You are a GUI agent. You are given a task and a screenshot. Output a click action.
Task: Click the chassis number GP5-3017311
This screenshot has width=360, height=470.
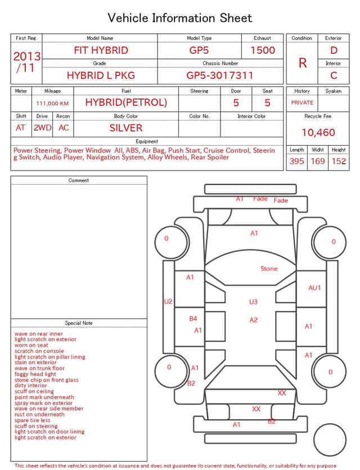[220, 75]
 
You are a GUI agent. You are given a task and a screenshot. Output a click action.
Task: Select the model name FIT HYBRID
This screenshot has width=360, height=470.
[101, 50]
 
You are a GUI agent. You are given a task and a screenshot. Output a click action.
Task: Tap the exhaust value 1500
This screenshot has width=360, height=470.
[263, 50]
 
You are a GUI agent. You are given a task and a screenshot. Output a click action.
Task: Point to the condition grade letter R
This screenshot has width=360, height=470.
[303, 63]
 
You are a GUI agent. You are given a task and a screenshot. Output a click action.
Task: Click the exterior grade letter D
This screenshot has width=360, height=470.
[334, 50]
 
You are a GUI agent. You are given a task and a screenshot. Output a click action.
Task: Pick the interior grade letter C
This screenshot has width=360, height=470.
[334, 75]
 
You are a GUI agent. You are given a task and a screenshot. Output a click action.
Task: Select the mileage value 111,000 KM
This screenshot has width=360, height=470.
[52, 104]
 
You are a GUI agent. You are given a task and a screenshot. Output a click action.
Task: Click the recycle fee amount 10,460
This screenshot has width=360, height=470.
[318, 132]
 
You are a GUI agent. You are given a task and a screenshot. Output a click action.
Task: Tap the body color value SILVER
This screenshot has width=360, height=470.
[126, 128]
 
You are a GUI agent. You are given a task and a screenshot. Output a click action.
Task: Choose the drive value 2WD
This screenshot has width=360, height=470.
[42, 128]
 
